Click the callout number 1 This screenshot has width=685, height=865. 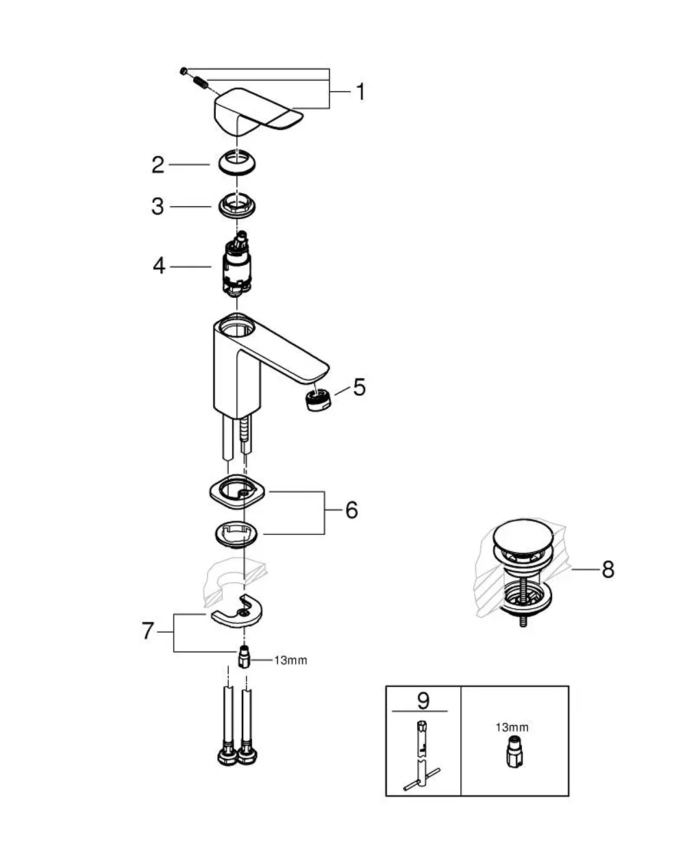pos(360,92)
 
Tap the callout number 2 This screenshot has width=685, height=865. pos(158,165)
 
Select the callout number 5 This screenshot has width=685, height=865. pos(360,387)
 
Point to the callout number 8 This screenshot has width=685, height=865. pos(608,570)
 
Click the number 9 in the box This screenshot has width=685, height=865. pos(423,701)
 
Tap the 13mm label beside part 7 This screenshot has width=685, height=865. pos(290,660)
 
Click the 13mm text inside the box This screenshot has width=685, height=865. pos(512,727)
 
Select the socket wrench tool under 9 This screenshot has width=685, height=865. pos(422,757)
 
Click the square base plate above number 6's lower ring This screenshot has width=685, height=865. pos(237,494)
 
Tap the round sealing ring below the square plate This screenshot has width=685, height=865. pos(236,535)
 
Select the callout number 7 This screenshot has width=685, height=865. pos(147,631)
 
